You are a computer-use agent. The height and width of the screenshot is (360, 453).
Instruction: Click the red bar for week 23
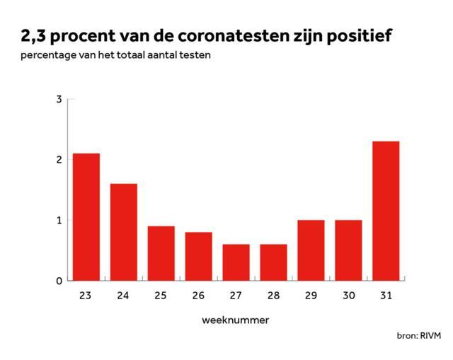pyautogui.click(x=86, y=217)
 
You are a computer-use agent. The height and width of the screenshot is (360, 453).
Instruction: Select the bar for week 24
pyautogui.click(x=124, y=232)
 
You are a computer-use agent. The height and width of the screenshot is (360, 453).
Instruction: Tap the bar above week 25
pyautogui.click(x=161, y=253)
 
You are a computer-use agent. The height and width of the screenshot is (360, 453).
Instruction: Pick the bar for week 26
pyautogui.click(x=198, y=256)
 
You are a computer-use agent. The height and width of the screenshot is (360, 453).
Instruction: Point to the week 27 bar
pyautogui.click(x=236, y=262)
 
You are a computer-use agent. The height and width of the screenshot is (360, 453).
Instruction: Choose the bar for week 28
pyautogui.click(x=274, y=262)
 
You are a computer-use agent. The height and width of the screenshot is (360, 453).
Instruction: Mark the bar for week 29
pyautogui.click(x=311, y=250)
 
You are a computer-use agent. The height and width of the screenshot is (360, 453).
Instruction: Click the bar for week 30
pyautogui.click(x=348, y=250)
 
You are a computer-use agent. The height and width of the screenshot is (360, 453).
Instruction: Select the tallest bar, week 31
pyautogui.click(x=386, y=211)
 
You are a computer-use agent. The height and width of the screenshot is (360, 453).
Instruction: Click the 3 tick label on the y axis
pyautogui.click(x=59, y=99)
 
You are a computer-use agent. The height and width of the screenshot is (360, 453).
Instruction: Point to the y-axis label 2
pyautogui.click(x=59, y=160)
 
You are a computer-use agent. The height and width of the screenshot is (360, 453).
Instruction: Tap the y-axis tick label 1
pyautogui.click(x=59, y=220)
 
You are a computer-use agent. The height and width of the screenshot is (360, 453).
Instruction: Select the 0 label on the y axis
pyautogui.click(x=59, y=281)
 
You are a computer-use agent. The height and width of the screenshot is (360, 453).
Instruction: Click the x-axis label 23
pyautogui.click(x=85, y=296)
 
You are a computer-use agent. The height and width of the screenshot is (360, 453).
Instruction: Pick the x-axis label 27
pyautogui.click(x=236, y=296)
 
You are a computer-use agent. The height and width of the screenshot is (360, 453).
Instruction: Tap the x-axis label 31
pyautogui.click(x=386, y=296)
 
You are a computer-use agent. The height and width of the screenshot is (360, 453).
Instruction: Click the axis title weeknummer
pyautogui.click(x=236, y=320)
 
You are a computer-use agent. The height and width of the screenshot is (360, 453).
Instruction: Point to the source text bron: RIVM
pyautogui.click(x=419, y=336)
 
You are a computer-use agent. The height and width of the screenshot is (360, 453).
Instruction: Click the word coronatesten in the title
pyautogui.click(x=234, y=36)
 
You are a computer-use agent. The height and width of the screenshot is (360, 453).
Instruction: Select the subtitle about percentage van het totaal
pyautogui.click(x=115, y=55)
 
